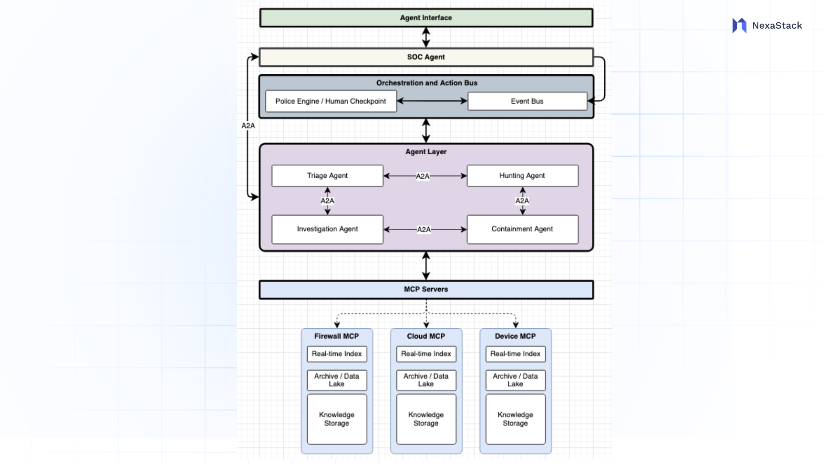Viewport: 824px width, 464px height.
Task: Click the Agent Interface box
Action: (x=426, y=18)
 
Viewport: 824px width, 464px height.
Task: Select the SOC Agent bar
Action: (x=426, y=57)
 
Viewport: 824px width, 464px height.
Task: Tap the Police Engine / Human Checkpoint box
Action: (x=330, y=101)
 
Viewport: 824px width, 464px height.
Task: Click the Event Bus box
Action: (x=527, y=101)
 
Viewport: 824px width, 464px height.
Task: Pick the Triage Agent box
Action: (x=327, y=176)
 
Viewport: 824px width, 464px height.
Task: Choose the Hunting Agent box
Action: (x=522, y=176)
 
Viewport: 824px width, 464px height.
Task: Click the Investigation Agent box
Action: (x=327, y=229)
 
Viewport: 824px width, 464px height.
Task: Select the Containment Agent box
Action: (x=522, y=229)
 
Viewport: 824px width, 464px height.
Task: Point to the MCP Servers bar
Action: (x=426, y=290)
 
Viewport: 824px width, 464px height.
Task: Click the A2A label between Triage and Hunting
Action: (x=423, y=176)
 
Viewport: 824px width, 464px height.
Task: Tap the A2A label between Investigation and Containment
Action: (x=424, y=229)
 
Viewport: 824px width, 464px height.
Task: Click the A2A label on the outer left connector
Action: (x=248, y=126)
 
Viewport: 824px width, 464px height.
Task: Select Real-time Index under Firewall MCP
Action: (x=336, y=354)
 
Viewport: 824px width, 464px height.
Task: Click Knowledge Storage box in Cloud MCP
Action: (x=426, y=419)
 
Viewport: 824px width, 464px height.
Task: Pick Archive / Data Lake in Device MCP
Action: (x=515, y=380)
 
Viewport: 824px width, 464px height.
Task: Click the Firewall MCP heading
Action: (x=336, y=336)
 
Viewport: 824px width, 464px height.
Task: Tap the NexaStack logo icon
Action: (x=739, y=26)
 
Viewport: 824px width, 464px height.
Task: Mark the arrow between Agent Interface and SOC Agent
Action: (x=426, y=37)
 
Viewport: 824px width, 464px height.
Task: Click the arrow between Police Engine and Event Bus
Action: (x=432, y=101)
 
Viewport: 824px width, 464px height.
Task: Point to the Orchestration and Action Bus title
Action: (x=427, y=83)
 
